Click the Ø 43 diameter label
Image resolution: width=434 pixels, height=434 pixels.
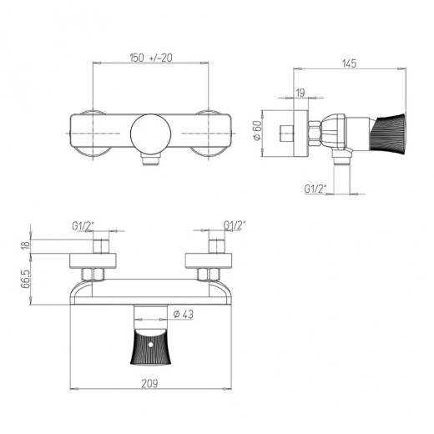pos(185,314)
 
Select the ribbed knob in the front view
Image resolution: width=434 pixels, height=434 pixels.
pos(150,347)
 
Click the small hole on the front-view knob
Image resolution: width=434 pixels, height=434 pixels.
pos(150,339)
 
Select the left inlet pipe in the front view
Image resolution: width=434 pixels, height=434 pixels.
pos(99,247)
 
